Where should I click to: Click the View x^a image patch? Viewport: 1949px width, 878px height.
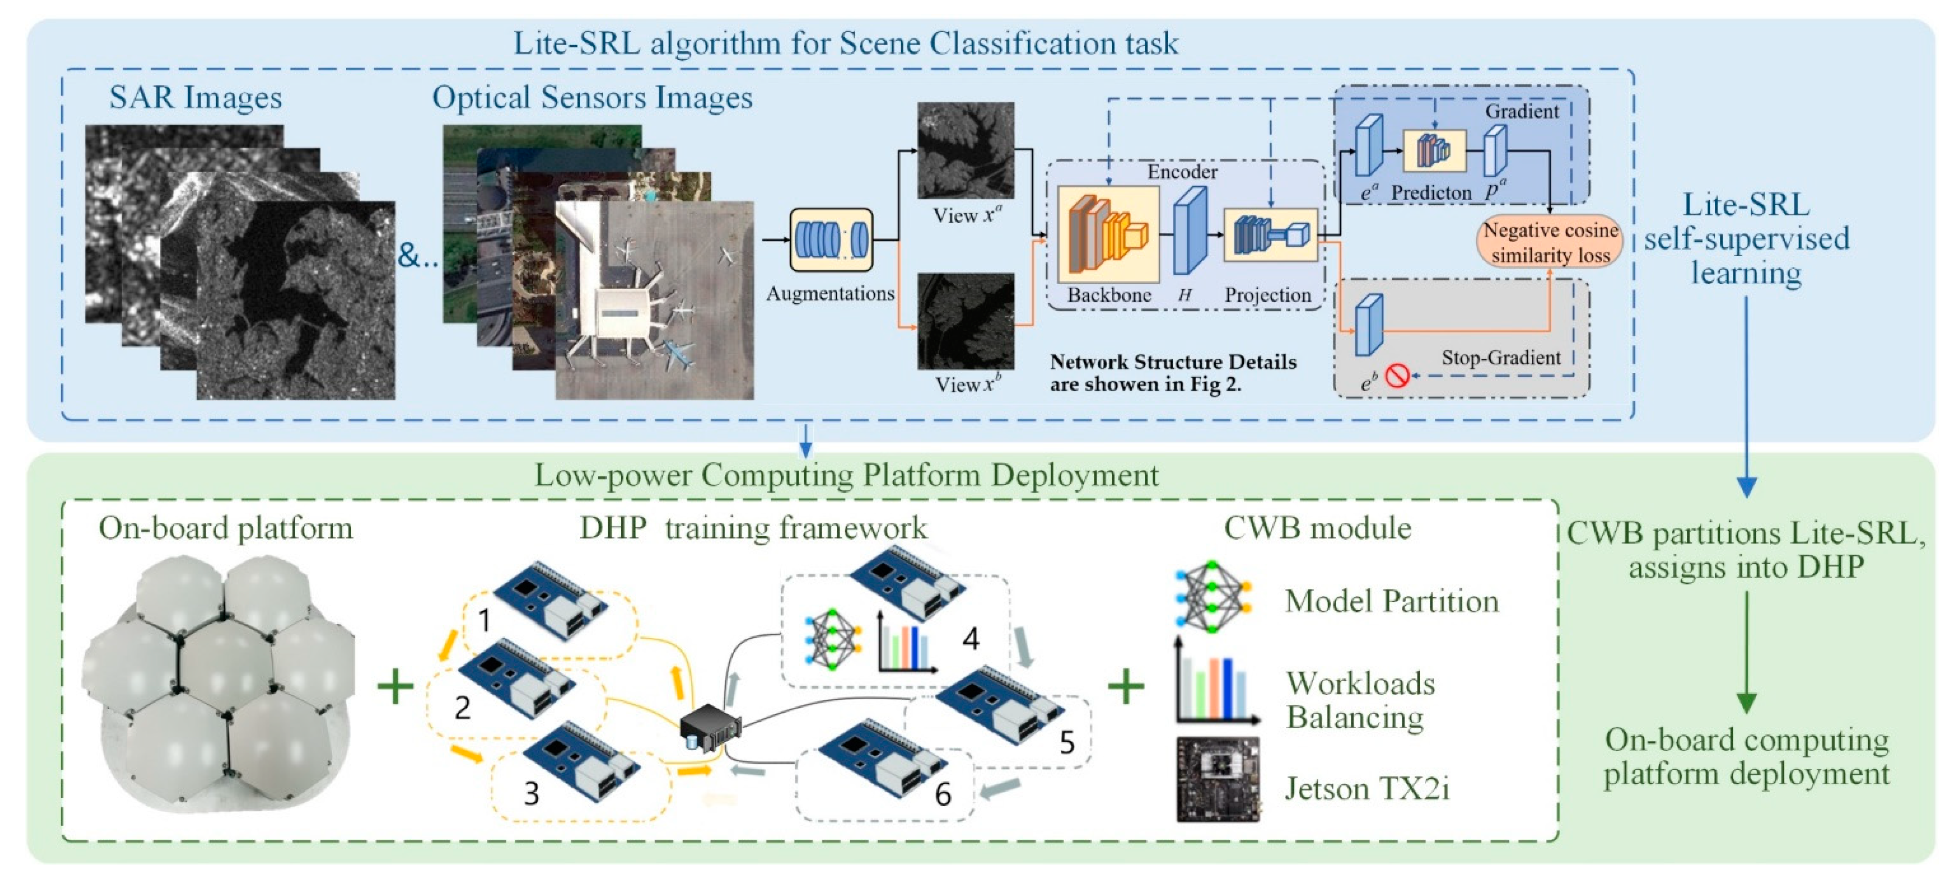(x=966, y=151)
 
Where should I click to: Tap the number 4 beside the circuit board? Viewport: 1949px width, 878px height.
(x=971, y=639)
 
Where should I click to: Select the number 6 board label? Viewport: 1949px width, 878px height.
(x=943, y=794)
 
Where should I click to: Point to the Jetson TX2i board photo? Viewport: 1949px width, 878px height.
(x=1217, y=780)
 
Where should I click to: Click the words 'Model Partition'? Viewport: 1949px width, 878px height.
(x=1391, y=601)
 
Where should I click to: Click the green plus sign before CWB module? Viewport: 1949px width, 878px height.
(x=1126, y=687)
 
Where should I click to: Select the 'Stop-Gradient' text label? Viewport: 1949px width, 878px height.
(x=1500, y=358)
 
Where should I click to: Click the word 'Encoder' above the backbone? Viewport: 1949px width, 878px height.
(x=1182, y=172)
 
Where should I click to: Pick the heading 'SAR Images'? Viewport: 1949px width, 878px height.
(x=195, y=98)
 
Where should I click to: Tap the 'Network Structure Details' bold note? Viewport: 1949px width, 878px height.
(x=1173, y=373)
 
